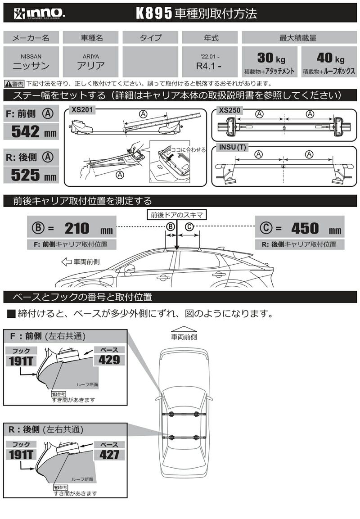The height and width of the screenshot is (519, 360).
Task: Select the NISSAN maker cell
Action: point(31,62)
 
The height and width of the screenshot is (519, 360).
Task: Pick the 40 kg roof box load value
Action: point(328,58)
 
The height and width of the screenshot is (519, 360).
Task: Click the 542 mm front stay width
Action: point(31,131)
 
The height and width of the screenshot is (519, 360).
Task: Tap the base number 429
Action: point(109,359)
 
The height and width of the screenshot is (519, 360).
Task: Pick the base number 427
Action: point(109,454)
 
